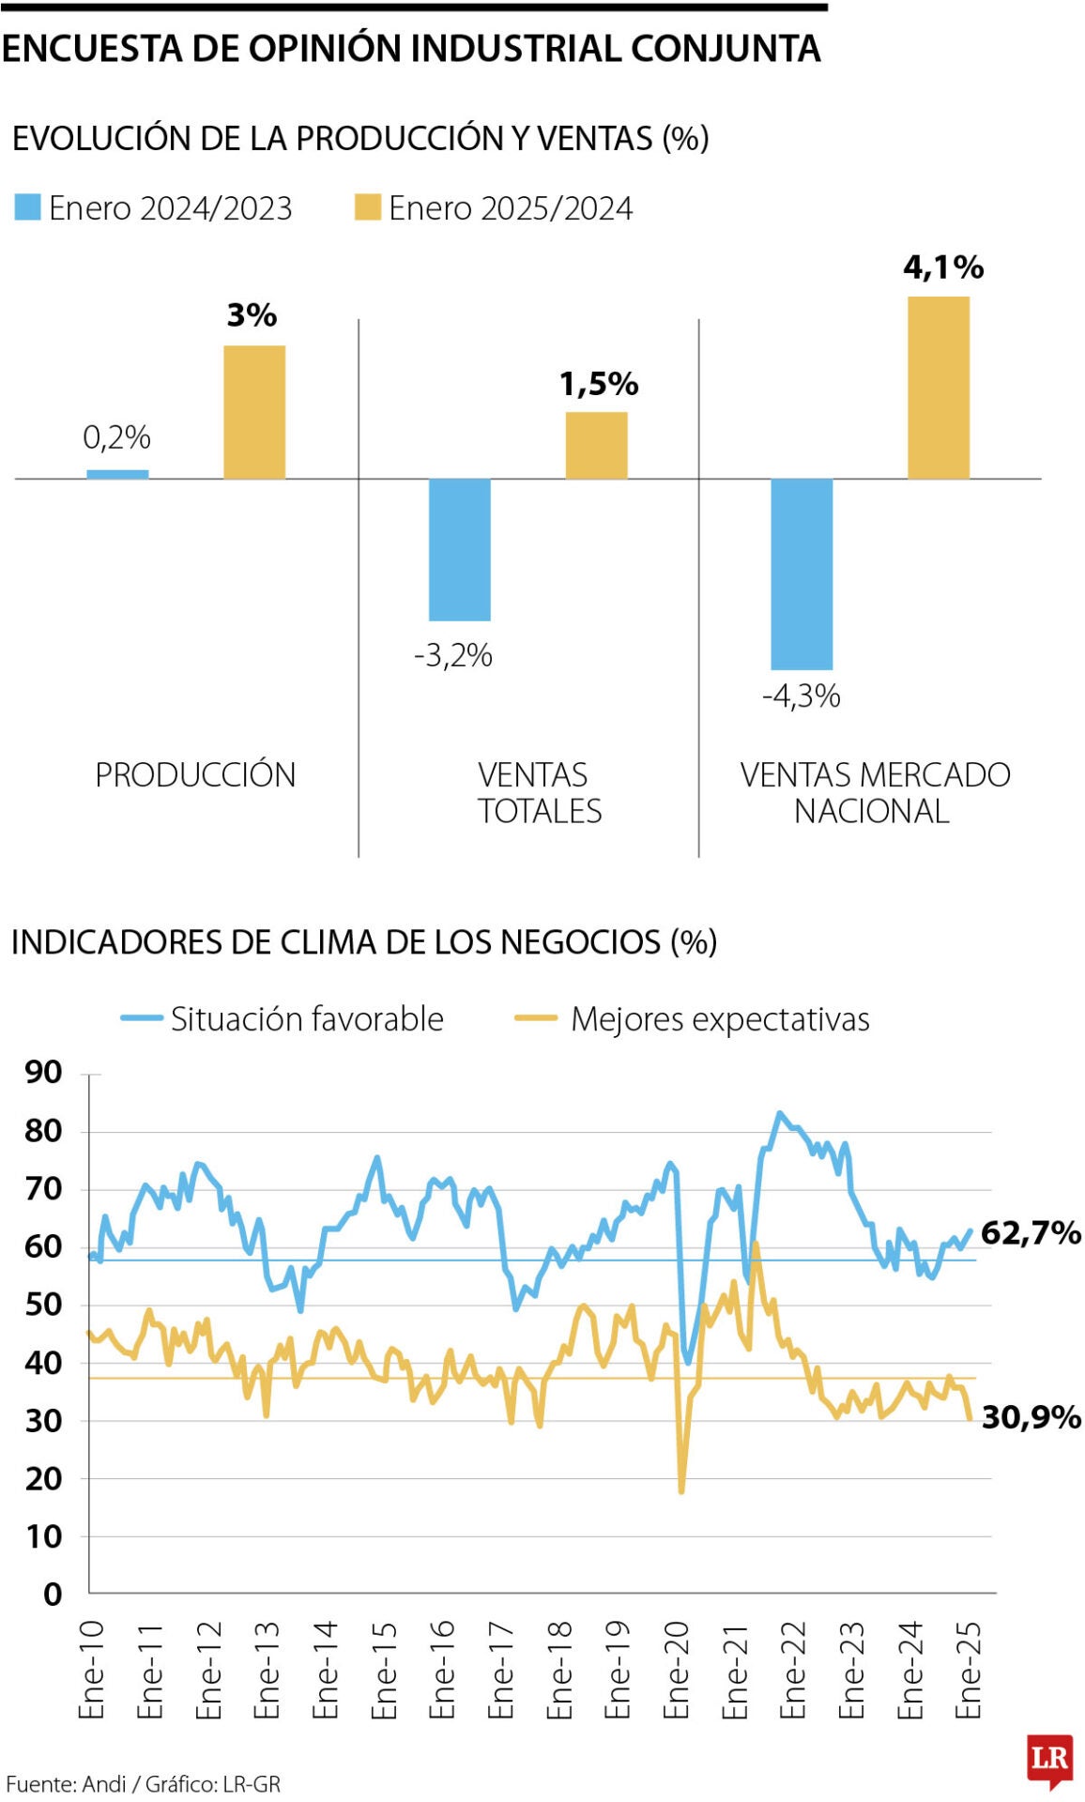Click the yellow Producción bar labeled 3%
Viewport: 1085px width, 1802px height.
(253, 412)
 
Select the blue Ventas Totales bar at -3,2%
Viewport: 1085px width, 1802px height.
(459, 549)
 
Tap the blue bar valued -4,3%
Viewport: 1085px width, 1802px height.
(802, 573)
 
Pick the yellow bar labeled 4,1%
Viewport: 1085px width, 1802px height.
(938, 388)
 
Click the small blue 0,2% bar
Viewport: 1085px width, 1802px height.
(117, 474)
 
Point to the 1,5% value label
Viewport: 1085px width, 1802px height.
(599, 384)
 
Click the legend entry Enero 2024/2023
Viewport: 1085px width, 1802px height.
(154, 207)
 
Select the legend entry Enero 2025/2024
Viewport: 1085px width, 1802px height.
(494, 207)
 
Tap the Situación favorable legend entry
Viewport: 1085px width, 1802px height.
(283, 1018)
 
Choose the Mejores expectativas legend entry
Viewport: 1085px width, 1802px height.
(694, 1018)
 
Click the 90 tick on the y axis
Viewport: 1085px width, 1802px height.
(43, 1073)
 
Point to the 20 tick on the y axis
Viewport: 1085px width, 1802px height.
(43, 1478)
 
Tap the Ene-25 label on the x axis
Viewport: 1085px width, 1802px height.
(968, 1669)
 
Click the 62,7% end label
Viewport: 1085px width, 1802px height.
(1031, 1232)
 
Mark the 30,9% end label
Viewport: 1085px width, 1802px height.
(1031, 1417)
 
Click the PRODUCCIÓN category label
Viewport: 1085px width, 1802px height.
(195, 775)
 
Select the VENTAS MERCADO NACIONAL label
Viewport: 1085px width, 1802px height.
(874, 792)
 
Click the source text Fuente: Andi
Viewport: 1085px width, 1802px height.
(66, 1784)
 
